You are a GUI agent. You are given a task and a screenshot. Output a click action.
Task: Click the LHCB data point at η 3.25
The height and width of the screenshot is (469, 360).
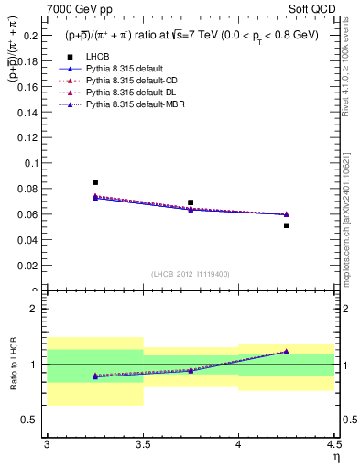coord(95,182)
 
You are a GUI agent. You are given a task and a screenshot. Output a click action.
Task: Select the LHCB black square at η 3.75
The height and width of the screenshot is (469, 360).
coord(191,202)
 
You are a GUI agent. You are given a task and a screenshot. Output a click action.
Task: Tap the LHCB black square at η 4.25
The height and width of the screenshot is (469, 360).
coord(287,225)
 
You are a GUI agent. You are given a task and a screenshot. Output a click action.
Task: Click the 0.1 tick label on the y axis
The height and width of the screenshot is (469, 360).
coord(32,163)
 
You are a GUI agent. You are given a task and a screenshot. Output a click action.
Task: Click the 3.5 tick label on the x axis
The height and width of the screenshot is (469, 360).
coord(143,443)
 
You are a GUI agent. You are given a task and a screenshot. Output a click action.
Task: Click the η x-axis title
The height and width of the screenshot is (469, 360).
coord(335,456)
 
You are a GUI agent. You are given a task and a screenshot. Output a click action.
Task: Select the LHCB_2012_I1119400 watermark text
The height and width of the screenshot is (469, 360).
coord(191,273)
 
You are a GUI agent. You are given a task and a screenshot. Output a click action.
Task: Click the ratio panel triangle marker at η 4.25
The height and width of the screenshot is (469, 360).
coord(287,351)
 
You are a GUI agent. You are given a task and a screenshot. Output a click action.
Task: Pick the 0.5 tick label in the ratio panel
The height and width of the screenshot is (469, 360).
coord(32,420)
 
